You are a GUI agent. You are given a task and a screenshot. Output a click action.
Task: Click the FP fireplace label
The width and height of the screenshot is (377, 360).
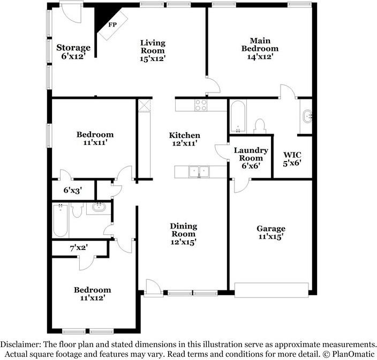click(112, 25)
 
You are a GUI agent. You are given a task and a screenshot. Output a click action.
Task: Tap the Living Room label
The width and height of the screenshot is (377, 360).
click(153, 50)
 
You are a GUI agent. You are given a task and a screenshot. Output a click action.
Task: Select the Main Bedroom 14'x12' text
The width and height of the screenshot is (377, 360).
click(259, 48)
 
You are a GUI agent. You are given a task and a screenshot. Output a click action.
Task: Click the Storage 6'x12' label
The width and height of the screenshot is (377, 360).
click(73, 51)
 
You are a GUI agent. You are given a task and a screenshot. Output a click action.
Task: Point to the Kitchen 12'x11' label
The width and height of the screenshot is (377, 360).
click(185, 139)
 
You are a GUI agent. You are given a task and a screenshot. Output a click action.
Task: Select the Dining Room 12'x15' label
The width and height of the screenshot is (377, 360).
click(183, 234)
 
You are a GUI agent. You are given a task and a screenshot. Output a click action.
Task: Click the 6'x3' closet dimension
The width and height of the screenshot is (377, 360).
click(73, 189)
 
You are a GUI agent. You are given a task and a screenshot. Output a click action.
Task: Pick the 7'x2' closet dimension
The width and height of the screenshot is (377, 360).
click(78, 248)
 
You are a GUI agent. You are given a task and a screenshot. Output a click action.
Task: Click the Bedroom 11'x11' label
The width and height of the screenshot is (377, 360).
click(95, 138)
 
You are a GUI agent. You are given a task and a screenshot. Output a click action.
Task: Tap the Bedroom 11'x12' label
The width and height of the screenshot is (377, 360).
click(93, 294)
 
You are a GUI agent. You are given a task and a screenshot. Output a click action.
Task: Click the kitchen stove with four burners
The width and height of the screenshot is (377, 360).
click(201, 105)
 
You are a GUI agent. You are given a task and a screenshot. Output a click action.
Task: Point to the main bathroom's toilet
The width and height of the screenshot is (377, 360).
click(260, 126)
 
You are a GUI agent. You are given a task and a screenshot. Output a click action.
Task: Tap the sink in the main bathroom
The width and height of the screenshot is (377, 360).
click(307, 116)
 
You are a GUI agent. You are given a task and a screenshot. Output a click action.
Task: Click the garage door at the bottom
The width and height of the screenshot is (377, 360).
click(272, 289)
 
